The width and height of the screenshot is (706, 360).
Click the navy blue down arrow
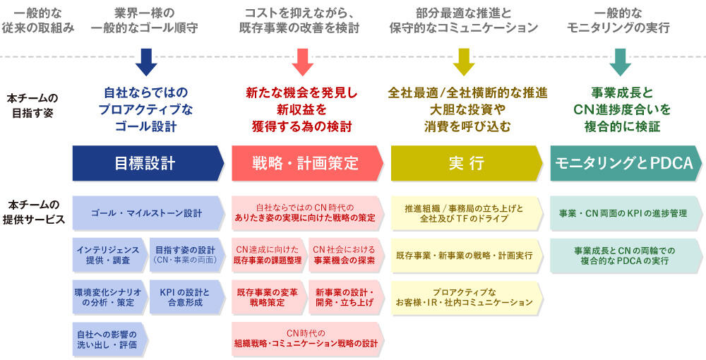146,62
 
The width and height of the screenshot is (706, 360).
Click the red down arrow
303,62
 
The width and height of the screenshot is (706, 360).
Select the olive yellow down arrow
464,62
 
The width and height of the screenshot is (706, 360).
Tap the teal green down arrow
620,62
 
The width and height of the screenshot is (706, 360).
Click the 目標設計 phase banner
148,163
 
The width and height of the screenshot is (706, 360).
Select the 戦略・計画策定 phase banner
308,163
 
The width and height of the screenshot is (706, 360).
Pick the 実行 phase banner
467,163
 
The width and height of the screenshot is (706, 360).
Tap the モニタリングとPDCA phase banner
626,163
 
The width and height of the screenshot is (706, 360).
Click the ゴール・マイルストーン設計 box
148,213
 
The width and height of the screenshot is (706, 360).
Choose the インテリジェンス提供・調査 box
110,255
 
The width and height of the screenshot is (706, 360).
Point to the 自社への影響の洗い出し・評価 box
110,340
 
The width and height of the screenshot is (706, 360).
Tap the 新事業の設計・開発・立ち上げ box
346,297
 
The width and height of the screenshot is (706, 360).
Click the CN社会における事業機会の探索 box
346,255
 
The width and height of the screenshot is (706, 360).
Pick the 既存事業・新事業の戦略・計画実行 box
467,255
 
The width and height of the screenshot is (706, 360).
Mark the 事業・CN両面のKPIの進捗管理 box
626,213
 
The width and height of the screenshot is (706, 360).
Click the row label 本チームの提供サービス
34,212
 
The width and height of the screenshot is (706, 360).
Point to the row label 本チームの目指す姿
32,105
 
